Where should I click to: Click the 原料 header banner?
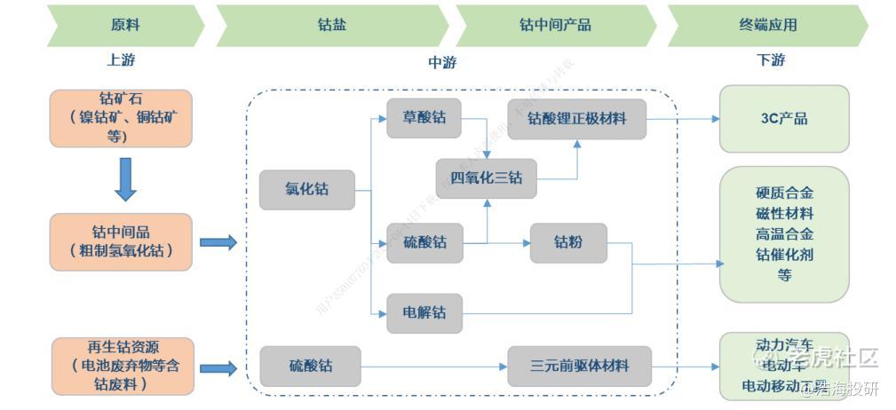click(125, 25)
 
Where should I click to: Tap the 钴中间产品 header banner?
click(555, 25)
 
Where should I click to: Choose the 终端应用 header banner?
click(767, 25)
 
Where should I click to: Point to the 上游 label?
click(122, 60)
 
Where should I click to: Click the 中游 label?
click(442, 62)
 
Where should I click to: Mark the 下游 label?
click(770, 60)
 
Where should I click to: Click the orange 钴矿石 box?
click(121, 117)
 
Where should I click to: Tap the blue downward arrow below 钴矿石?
click(126, 179)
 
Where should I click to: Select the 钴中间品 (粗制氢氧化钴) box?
click(121, 241)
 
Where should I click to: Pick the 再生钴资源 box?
click(123, 366)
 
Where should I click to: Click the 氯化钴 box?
click(305, 190)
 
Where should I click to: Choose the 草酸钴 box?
click(424, 118)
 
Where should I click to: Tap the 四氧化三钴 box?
click(487, 178)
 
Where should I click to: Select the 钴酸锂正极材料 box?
click(576, 118)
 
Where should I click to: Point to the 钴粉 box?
click(568, 242)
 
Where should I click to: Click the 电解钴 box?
click(424, 313)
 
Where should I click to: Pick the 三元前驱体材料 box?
click(579, 366)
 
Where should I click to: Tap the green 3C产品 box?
click(783, 119)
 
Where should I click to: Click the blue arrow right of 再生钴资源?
click(218, 367)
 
